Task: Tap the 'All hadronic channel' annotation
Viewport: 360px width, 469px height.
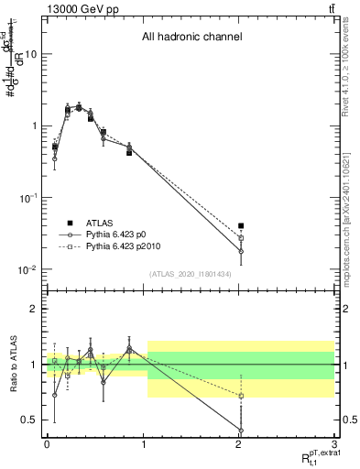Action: [191, 38]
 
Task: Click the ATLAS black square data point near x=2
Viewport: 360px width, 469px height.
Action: [241, 225]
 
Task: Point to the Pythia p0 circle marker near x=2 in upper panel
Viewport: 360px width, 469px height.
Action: [241, 251]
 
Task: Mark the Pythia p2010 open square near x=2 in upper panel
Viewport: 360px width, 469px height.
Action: [241, 237]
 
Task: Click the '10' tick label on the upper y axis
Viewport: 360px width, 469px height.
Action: [30, 54]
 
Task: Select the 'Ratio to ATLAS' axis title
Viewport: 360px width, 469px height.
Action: [12, 365]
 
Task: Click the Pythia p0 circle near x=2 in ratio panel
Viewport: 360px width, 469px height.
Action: [241, 431]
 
